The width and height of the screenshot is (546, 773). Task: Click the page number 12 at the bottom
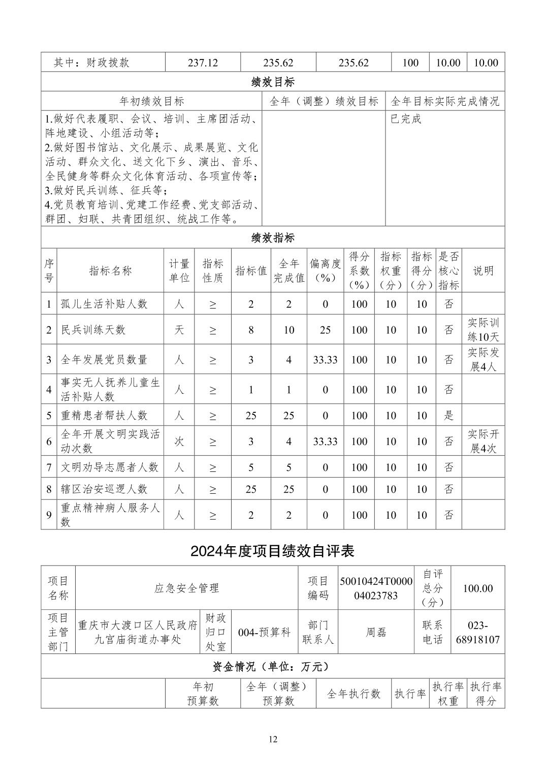[273, 739]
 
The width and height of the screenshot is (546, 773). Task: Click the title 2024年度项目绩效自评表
[273, 551]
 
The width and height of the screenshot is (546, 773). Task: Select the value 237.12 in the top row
[203, 63]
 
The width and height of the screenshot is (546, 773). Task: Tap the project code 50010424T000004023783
[376, 588]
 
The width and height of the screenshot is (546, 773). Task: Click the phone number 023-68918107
[477, 632]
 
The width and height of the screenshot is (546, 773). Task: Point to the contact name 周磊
[376, 632]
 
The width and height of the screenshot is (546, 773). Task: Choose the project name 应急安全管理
[186, 588]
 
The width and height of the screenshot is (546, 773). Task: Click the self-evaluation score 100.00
[477, 588]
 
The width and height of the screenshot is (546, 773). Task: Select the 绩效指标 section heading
[273, 237]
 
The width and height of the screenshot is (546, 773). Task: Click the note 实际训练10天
[483, 330]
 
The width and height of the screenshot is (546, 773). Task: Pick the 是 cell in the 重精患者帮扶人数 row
[449, 415]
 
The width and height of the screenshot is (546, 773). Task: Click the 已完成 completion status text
[406, 119]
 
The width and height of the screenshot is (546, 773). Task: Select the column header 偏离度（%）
[325, 271]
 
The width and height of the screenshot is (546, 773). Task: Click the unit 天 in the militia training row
[179, 330]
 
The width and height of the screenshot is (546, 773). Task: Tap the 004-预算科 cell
[264, 632]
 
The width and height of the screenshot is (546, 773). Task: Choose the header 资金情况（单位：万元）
[273, 666]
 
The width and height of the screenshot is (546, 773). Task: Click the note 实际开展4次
[483, 441]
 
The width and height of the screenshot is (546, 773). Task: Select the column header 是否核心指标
[449, 271]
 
